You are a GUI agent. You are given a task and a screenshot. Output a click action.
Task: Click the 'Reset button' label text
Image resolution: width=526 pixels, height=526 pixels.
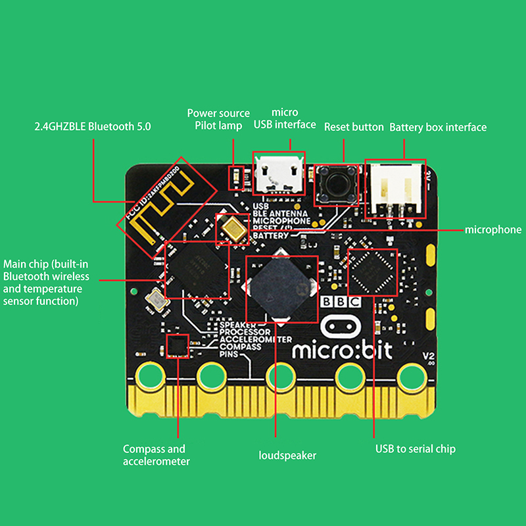pos(354,127)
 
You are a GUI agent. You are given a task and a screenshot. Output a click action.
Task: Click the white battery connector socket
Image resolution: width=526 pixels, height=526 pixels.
pos(394,188)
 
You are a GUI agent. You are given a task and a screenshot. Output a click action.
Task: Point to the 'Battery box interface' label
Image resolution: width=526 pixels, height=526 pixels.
pos(438,127)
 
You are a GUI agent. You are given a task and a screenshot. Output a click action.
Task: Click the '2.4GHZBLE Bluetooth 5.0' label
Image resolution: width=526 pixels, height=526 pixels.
pos(93,126)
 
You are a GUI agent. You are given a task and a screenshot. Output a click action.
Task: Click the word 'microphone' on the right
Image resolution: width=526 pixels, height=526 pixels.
pos(493,229)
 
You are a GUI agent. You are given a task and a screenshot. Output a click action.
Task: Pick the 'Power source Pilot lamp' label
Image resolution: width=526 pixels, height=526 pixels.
pos(218,119)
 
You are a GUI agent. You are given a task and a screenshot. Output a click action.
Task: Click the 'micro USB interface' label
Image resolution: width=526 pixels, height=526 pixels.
pos(285,118)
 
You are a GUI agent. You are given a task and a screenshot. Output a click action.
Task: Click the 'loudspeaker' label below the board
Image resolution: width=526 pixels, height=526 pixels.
pos(287,455)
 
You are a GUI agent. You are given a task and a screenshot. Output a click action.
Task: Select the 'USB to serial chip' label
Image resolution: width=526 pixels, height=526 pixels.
pos(416,449)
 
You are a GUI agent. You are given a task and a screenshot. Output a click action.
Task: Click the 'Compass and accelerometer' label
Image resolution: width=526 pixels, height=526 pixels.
pos(156,455)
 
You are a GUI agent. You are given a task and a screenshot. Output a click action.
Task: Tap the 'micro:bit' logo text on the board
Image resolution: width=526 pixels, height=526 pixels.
pos(341,349)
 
